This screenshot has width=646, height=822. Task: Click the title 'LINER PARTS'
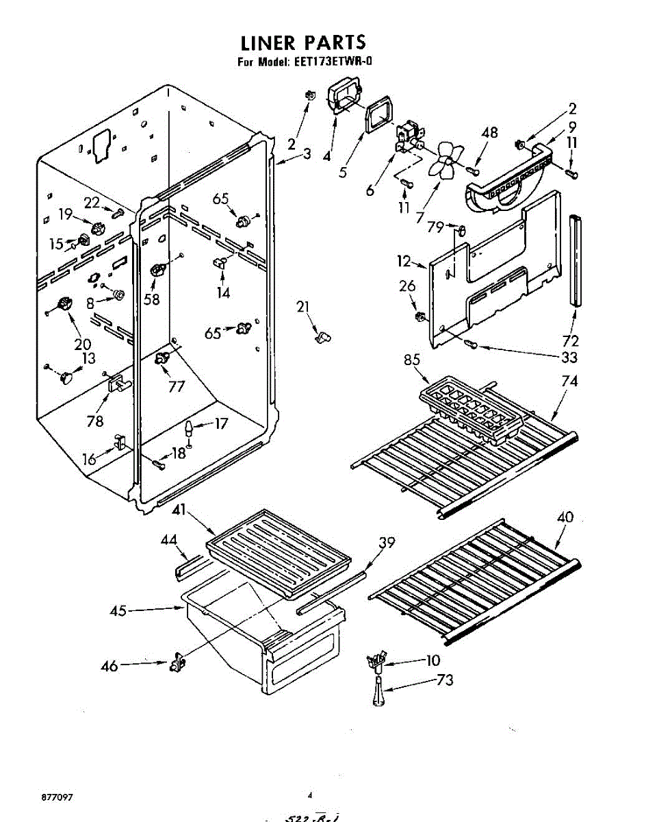pyautogui.click(x=303, y=42)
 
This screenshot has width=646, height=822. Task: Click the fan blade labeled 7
pyautogui.click(x=444, y=162)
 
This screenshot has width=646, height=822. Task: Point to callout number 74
pyautogui.click(x=569, y=382)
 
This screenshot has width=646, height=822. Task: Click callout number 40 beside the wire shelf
pyautogui.click(x=565, y=518)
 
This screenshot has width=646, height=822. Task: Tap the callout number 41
pyautogui.click(x=179, y=510)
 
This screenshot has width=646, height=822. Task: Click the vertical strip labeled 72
pyautogui.click(x=573, y=260)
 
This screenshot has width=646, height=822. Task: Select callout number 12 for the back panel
pyautogui.click(x=404, y=261)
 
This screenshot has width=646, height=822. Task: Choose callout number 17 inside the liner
pyautogui.click(x=220, y=424)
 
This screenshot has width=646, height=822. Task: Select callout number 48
pyautogui.click(x=489, y=133)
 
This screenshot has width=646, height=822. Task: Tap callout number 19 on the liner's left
pyautogui.click(x=66, y=214)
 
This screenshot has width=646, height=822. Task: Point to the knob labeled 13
pyautogui.click(x=66, y=376)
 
